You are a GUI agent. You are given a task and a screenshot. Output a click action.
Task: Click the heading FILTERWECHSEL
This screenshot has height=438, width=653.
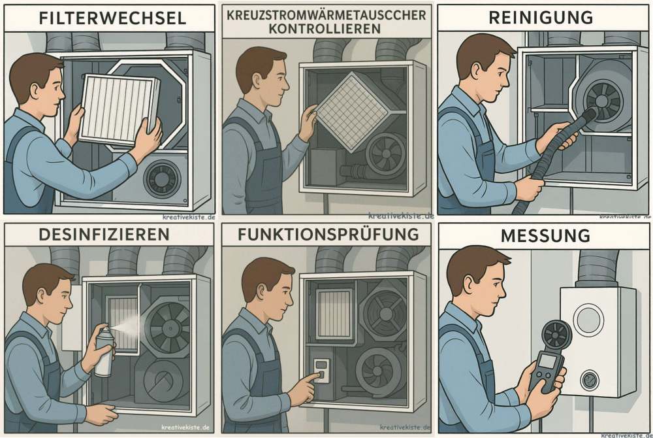coord(112,19)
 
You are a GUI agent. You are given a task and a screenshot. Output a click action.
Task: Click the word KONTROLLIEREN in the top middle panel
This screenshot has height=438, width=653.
coord(325,29)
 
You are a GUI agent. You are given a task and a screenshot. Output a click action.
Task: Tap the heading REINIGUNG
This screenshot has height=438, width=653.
coord(541,18)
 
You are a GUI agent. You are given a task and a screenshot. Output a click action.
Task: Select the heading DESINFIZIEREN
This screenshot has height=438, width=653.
coord(104,234)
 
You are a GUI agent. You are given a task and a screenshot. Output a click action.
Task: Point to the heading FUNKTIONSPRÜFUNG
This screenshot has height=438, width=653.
coord(328,234)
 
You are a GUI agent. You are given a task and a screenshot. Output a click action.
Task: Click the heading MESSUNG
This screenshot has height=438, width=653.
coord(545,236)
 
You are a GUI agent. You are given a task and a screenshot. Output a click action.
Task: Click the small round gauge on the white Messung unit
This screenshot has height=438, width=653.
coord(590,380)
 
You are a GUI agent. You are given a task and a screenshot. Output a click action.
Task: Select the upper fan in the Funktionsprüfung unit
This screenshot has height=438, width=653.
coord(382,309)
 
